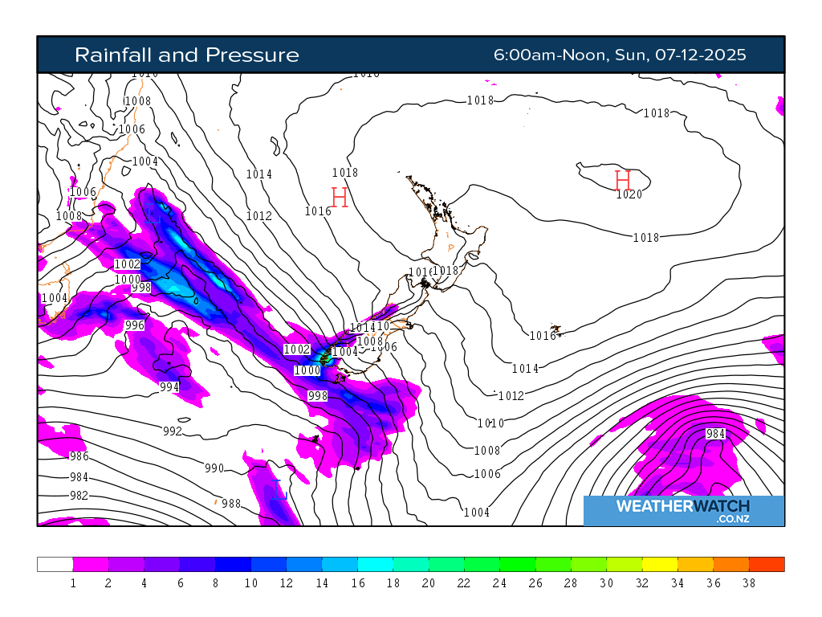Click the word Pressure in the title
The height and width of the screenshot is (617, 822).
[252, 55]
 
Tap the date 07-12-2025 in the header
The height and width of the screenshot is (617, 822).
[700, 55]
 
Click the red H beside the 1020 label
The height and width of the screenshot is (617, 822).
[622, 179]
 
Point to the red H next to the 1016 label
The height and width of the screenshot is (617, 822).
[340, 197]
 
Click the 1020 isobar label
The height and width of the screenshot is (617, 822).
[629, 194]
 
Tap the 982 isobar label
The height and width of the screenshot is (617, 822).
[79, 496]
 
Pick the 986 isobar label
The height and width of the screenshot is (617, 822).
[79, 456]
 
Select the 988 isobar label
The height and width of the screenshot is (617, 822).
[231, 504]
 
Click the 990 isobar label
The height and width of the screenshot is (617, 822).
[214, 468]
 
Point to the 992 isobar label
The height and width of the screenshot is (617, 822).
[173, 431]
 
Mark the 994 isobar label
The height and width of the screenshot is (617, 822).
[169, 387]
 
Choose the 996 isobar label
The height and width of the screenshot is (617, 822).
[135, 325]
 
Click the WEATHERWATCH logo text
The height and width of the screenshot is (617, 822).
[682, 506]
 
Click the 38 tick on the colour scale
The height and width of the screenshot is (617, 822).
[749, 583]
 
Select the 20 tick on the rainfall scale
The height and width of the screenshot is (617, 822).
[428, 583]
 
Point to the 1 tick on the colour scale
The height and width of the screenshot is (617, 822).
[73, 583]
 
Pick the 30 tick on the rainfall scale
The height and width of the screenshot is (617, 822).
[607, 583]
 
